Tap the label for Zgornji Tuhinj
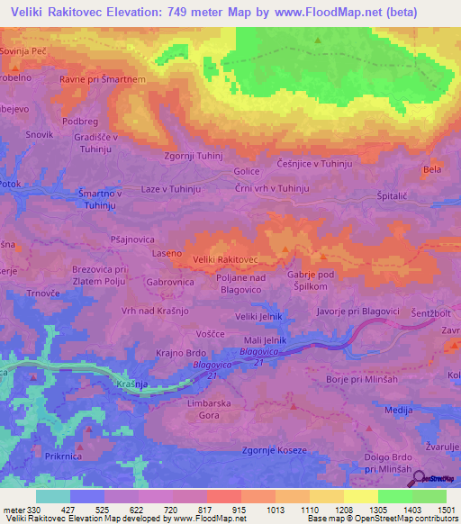pos(193,155)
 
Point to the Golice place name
pos(247,171)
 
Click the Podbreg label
pos(80,121)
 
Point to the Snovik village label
pos(40,134)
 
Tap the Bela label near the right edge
pos(432,169)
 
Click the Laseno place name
pos(166,256)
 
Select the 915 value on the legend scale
pos(240,510)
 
